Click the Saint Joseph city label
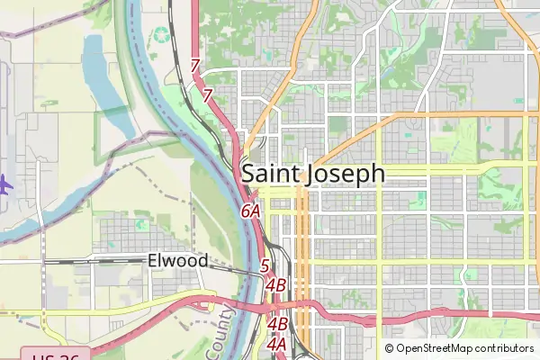pos(313,173)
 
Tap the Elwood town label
pos(177,261)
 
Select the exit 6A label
pos(250,211)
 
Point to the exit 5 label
pos(265,265)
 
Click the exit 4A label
pos(276,343)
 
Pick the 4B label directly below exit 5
pos(276,285)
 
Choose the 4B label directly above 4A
pos(277,323)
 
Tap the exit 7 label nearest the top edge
pos(195,66)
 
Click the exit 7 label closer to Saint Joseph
pos(207,94)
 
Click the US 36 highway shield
pos(55,355)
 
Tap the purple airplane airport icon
pos(4,184)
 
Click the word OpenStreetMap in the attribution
pos(434,348)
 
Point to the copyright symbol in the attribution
pos(390,348)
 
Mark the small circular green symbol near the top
pos(161,35)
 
